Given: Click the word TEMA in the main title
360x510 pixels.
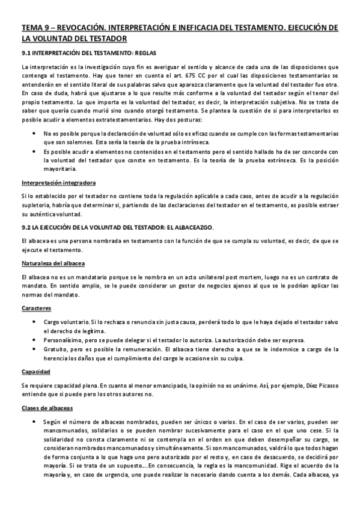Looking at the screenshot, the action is (31, 28).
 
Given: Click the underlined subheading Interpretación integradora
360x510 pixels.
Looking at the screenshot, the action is (59, 183).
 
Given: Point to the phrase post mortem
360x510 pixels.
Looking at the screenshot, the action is (210, 276).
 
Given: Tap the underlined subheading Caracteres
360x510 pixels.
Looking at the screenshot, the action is (37, 308).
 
